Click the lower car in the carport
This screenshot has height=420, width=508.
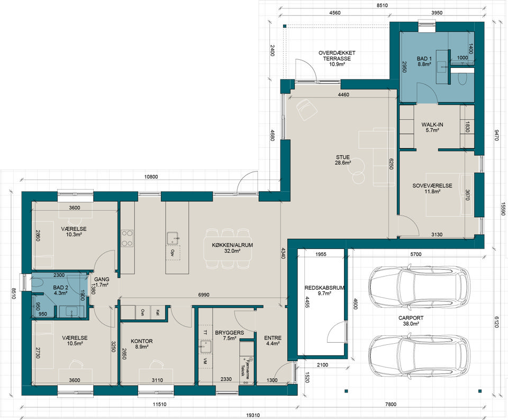(x=420, y=356)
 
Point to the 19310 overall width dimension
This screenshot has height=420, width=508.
(x=253, y=415)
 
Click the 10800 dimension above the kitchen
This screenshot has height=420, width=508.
(x=151, y=177)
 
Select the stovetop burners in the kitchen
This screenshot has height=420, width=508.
(x=127, y=238)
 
